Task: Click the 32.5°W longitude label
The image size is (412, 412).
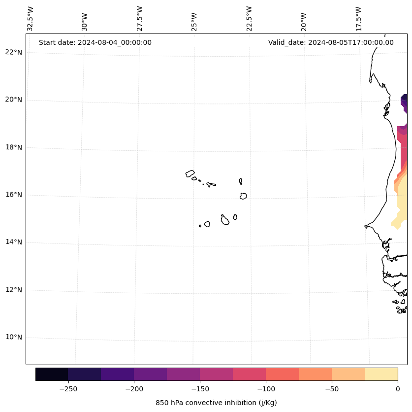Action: tap(31, 18)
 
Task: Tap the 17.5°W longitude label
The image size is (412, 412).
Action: tap(358, 18)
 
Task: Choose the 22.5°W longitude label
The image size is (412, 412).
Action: tap(249, 18)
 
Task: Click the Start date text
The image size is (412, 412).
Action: tap(95, 42)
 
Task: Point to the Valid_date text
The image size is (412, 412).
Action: tap(331, 42)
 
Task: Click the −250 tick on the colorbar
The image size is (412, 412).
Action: tap(68, 388)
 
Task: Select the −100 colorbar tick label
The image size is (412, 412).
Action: tap(266, 388)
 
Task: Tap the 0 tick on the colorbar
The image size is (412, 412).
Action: tap(398, 388)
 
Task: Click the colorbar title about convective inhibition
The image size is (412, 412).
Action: tap(216, 403)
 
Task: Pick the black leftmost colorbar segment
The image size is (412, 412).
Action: tap(52, 374)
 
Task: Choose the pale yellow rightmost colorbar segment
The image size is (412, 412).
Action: tap(381, 374)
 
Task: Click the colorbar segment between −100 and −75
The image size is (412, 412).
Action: tap(282, 374)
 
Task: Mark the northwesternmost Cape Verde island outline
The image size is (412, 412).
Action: tap(190, 173)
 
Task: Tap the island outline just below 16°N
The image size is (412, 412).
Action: tap(243, 196)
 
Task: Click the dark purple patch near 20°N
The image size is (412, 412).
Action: tap(404, 100)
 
